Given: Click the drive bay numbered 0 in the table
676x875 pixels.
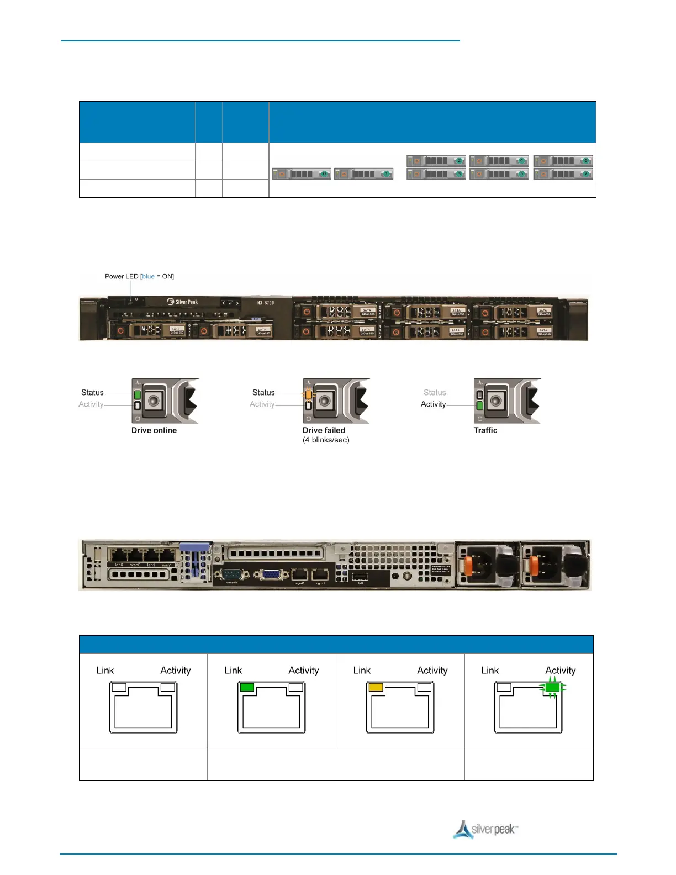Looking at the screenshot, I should [302, 174].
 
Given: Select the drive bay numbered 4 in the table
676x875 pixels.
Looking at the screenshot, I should [499, 161].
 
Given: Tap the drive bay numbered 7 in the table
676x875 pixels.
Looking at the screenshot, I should [563, 174].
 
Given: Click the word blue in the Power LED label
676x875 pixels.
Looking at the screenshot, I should [148, 276].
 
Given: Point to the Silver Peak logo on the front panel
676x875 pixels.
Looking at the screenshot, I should [182, 302].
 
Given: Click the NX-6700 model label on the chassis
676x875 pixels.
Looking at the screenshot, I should [265, 303].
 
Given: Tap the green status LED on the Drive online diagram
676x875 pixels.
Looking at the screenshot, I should [138, 394].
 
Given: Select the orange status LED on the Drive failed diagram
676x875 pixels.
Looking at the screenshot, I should [309, 394].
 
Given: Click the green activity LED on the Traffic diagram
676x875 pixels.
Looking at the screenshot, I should [480, 406].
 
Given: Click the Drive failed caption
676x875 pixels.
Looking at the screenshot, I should [324, 430].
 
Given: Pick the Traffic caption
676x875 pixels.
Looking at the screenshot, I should [485, 430].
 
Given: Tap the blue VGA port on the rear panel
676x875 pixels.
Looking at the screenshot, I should [271, 574].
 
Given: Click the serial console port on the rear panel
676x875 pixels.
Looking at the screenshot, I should [233, 574].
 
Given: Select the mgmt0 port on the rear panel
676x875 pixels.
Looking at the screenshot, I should [299, 575].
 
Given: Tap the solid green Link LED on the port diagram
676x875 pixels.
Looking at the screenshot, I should [247, 687].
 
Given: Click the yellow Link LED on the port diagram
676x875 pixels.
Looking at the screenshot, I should [376, 687].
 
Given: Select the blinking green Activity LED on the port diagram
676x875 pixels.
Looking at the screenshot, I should [552, 688].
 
